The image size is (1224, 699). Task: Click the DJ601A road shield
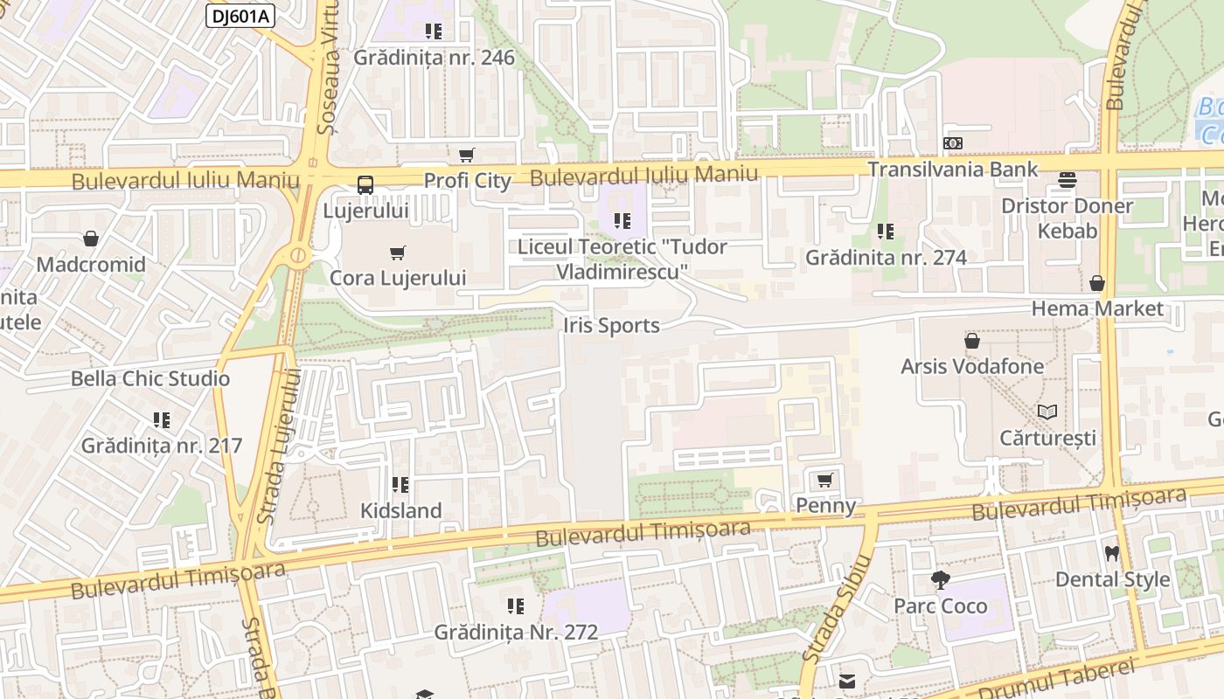pyautogui.click(x=239, y=16)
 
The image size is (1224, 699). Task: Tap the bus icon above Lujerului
pyautogui.click(x=365, y=185)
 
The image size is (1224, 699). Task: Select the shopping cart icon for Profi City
pyautogui.click(x=467, y=156)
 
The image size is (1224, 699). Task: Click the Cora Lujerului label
pyautogui.click(x=398, y=278)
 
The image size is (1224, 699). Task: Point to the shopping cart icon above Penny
pyautogui.click(x=824, y=480)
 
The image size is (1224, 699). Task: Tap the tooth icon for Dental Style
pyautogui.click(x=1112, y=553)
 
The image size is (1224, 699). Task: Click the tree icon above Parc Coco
pyautogui.click(x=940, y=580)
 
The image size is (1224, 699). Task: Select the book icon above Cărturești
pyautogui.click(x=1047, y=412)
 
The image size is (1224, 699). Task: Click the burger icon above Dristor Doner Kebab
pyautogui.click(x=1067, y=180)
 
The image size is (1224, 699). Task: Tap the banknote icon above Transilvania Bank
pyautogui.click(x=952, y=143)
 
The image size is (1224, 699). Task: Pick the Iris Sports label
pyautogui.click(x=611, y=326)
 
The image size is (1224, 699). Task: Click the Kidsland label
pyautogui.click(x=401, y=510)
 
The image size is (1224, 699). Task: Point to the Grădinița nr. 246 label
pyautogui.click(x=434, y=58)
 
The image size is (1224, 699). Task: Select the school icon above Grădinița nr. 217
pyautogui.click(x=161, y=420)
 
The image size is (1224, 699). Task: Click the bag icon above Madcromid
pyautogui.click(x=91, y=239)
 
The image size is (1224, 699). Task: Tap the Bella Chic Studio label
pyautogui.click(x=150, y=378)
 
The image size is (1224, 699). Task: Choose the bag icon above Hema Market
pyautogui.click(x=1096, y=283)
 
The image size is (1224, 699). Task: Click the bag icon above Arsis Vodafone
pyautogui.click(x=971, y=341)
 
